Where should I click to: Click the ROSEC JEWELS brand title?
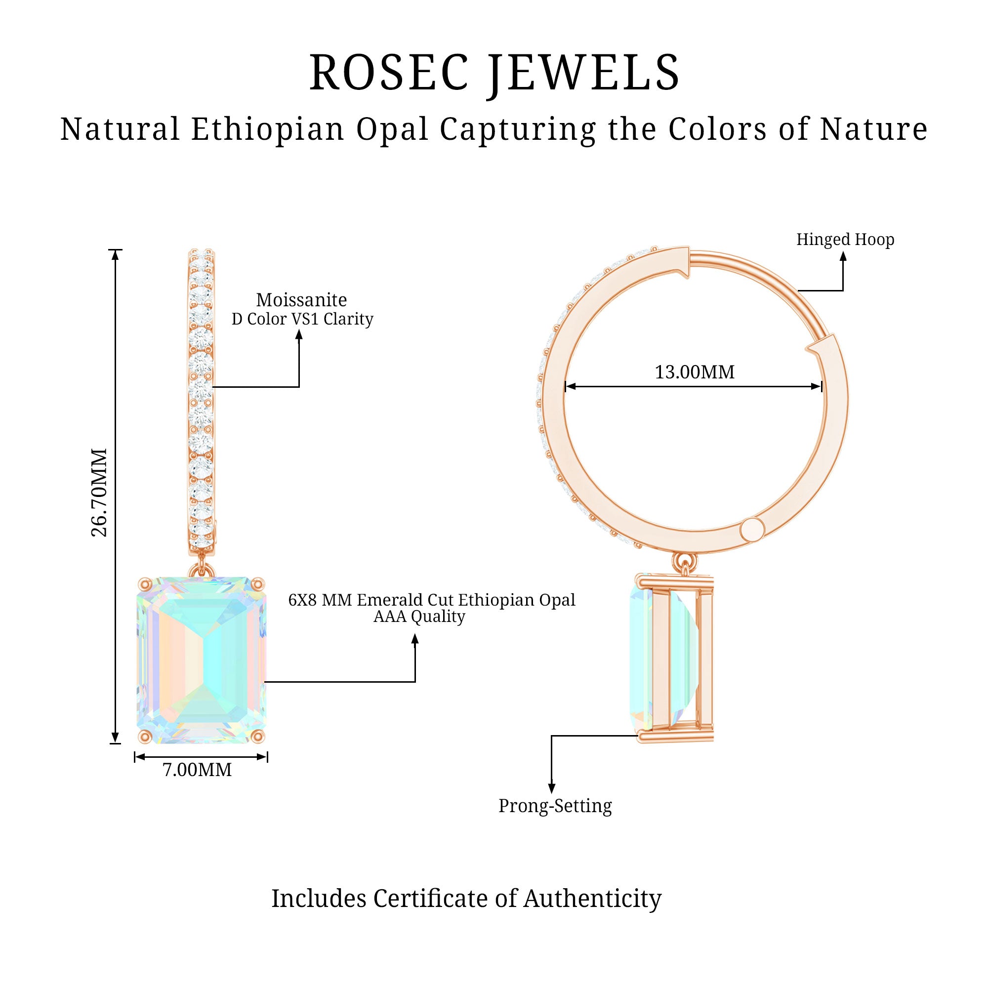[x=494, y=73]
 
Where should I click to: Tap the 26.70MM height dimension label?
[x=99, y=492]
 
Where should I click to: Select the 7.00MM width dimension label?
[x=197, y=770]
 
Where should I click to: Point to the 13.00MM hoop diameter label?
[x=695, y=372]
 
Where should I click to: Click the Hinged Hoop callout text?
[x=845, y=239]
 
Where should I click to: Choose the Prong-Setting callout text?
[x=555, y=805]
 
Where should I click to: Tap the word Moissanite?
[x=301, y=300]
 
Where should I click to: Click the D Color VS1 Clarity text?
[x=302, y=319]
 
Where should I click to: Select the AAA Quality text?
[x=419, y=617]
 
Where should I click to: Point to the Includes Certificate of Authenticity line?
[x=466, y=899]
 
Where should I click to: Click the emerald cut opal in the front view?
[x=202, y=659]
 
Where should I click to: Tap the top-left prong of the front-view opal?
[x=145, y=583]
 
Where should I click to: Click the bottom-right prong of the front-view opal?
[x=258, y=737]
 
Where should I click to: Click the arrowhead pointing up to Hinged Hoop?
[x=843, y=256]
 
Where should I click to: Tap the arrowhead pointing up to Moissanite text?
[x=299, y=334]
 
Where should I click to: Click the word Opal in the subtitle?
[x=392, y=129]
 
